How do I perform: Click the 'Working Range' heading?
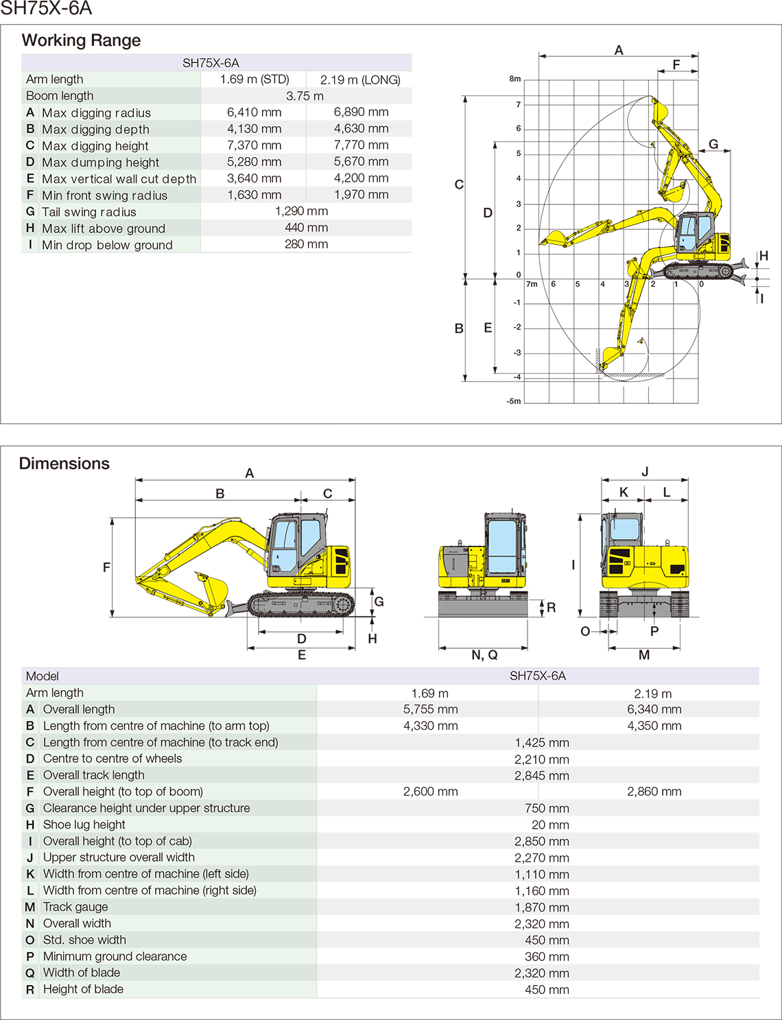(81, 40)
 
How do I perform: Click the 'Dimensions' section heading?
(64, 464)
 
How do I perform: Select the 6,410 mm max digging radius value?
(254, 112)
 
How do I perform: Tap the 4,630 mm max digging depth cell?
(361, 129)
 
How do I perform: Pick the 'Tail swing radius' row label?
(88, 212)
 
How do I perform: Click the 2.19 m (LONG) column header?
(360, 80)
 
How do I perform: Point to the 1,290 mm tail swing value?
(301, 211)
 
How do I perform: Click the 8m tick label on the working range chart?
(514, 79)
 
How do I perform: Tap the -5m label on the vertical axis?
(514, 401)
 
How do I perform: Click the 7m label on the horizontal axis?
(532, 284)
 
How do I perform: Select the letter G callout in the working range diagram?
(713, 144)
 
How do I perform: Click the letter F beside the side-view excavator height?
(106, 567)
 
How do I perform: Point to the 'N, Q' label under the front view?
(484, 655)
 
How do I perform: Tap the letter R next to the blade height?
(551, 608)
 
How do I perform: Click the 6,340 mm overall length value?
(654, 709)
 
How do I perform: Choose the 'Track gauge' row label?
(75, 907)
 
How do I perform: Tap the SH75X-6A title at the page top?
(46, 9)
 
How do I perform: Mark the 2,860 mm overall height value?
(654, 792)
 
